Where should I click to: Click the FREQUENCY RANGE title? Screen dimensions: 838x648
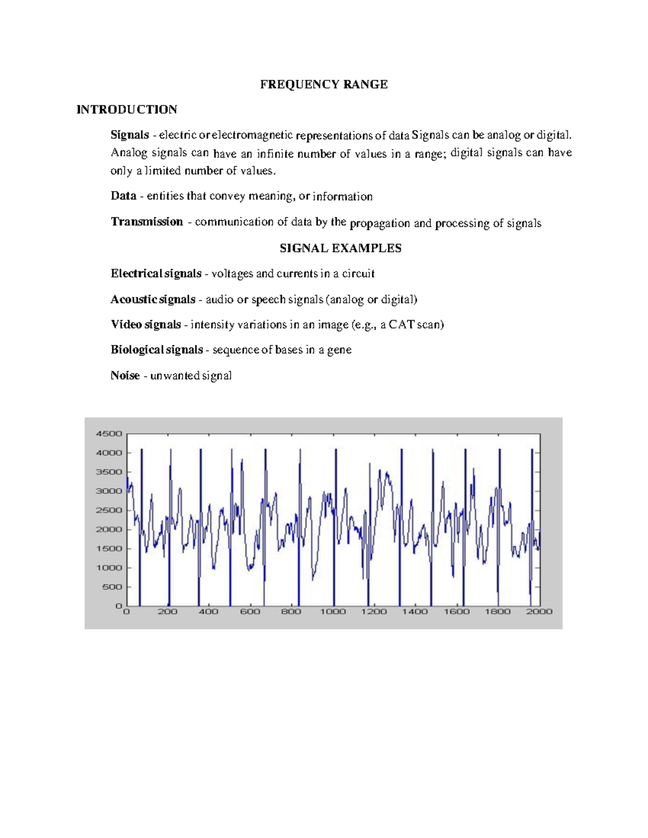[x=324, y=84]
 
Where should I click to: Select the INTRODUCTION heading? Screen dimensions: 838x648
[x=127, y=110]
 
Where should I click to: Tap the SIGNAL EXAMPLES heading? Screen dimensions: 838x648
[x=340, y=248]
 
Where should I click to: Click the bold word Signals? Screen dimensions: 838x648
[x=130, y=135]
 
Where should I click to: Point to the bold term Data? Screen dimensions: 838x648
[x=123, y=196]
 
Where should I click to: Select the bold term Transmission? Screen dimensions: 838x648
[x=147, y=222]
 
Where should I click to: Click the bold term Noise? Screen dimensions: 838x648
[x=125, y=376]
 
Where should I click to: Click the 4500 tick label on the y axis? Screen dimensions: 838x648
[x=109, y=433]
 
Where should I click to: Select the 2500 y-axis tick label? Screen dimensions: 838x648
[x=109, y=510]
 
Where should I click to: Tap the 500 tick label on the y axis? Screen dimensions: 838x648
[x=112, y=587]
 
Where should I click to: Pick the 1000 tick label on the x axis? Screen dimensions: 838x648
[x=333, y=611]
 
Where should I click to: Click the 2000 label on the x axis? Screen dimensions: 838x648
[x=539, y=611]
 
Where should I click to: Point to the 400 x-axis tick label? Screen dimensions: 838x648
[x=208, y=611]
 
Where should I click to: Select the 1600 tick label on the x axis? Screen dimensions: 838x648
[x=456, y=611]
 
